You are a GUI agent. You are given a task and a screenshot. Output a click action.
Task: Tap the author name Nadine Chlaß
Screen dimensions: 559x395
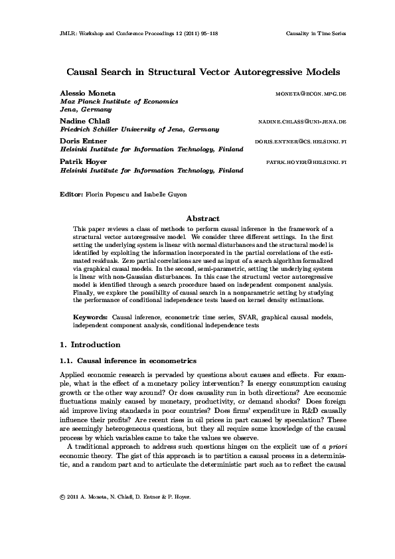pyautogui.click(x=86, y=122)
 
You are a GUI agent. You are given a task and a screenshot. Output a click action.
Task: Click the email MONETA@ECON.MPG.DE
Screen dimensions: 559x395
pyautogui.click(x=310, y=94)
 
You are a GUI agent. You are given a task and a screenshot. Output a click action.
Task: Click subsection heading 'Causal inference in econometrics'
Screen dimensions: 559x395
pyautogui.click(x=137, y=361)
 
